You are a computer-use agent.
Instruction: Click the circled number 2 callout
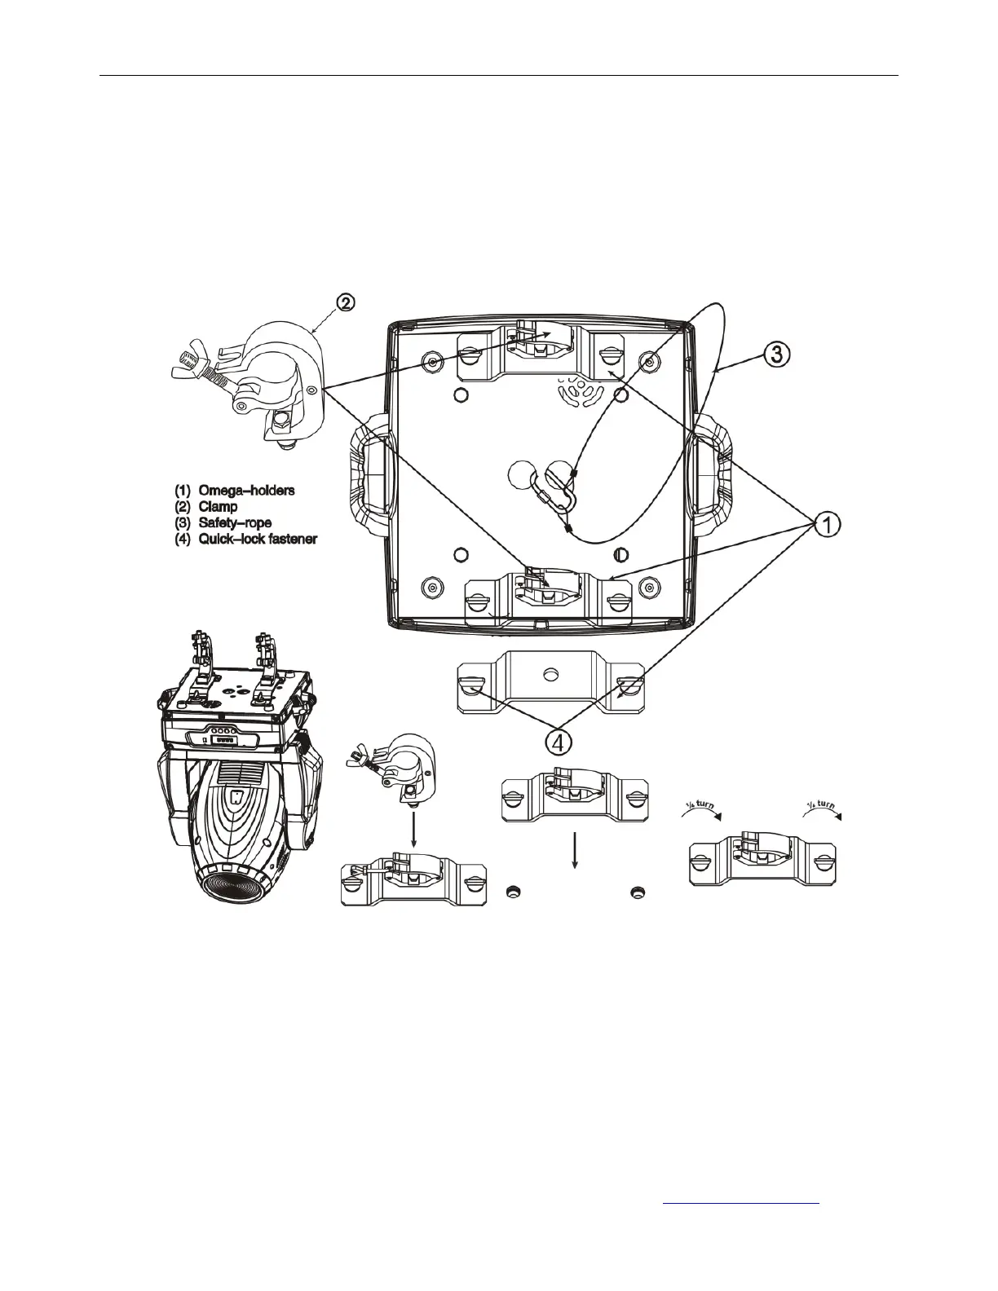347,302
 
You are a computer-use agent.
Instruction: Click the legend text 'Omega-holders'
246,491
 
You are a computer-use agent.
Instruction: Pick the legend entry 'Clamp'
218,507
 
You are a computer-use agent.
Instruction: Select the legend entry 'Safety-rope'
235,522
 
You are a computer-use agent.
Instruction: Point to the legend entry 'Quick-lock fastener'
258,539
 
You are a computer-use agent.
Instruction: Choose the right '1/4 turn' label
822,811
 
